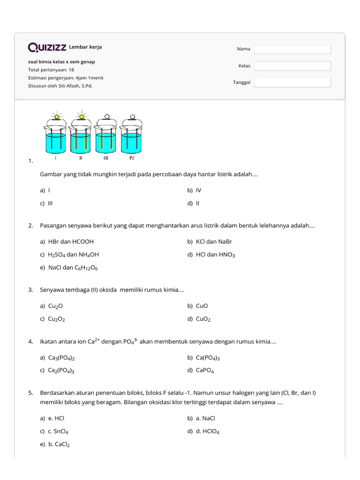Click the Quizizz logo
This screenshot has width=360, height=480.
click(47, 47)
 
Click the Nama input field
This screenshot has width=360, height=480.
click(292, 49)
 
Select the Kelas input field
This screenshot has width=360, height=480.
click(292, 66)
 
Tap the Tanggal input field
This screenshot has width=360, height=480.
click(292, 82)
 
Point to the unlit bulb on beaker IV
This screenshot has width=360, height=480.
click(132, 117)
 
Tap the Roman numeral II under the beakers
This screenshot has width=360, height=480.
click(81, 158)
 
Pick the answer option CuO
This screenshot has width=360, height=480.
click(202, 306)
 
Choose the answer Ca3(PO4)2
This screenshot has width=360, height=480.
click(61, 358)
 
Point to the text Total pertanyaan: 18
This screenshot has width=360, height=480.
click(51, 69)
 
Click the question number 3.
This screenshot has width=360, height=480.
click(30, 290)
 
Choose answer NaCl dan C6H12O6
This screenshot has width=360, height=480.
click(73, 268)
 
